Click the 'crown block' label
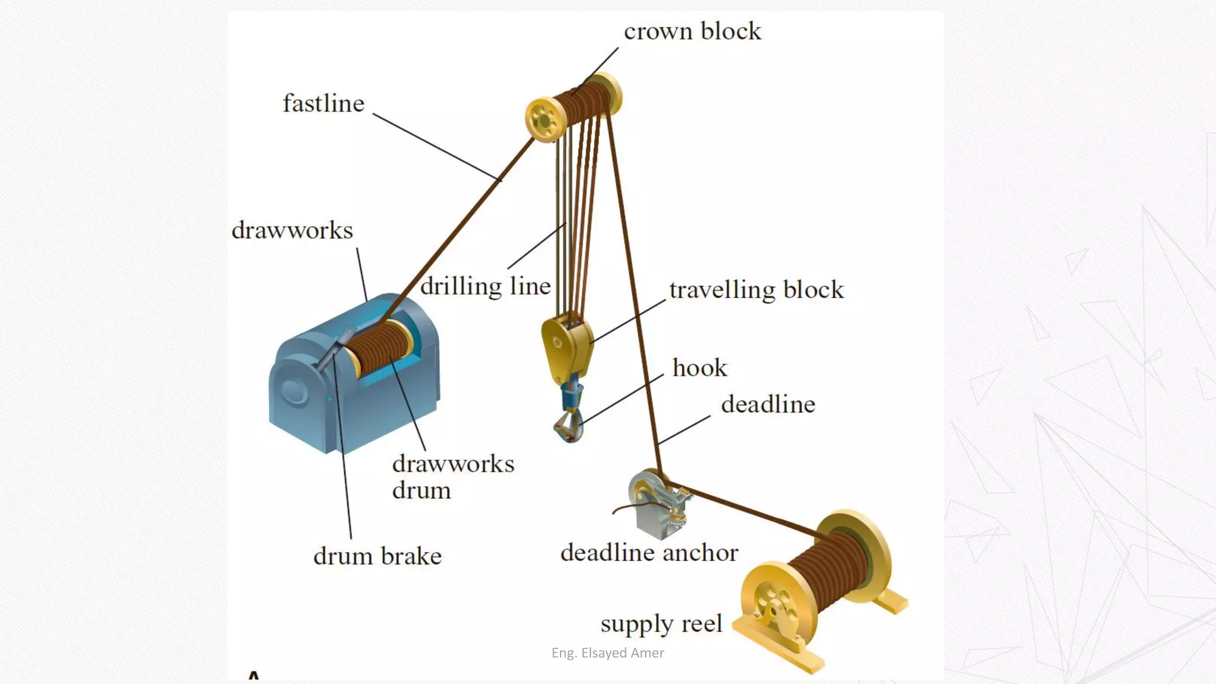(692, 31)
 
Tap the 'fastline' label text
(324, 103)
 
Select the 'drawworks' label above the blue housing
(292, 230)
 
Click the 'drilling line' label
(486, 286)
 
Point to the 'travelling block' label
(756, 290)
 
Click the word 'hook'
(699, 368)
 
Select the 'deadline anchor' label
(649, 553)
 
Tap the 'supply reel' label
(661, 623)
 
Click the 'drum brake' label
(378, 556)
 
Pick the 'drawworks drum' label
(452, 477)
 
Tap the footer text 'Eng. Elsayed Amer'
(607, 653)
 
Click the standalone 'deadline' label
(768, 404)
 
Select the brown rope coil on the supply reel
(828, 570)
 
